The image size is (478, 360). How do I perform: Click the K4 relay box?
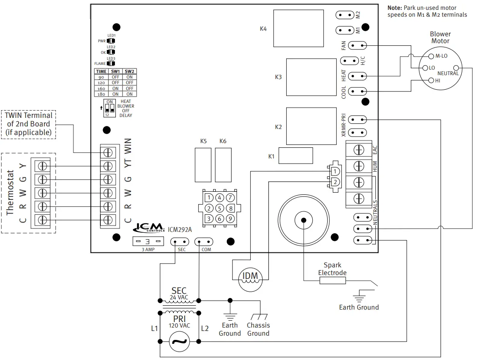298,29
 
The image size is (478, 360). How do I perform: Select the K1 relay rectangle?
296,156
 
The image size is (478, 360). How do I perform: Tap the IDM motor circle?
250,276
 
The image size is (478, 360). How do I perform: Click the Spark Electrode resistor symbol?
332,281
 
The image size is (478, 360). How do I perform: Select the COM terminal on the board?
204,242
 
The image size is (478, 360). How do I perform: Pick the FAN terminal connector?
358,45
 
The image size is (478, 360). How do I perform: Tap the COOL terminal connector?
358,91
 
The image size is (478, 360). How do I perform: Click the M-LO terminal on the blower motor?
431,56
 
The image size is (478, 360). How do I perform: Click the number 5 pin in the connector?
219,208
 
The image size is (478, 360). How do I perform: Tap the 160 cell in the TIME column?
101,88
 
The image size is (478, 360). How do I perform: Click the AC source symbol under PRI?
180,342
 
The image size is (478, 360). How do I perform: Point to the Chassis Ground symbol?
258,317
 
